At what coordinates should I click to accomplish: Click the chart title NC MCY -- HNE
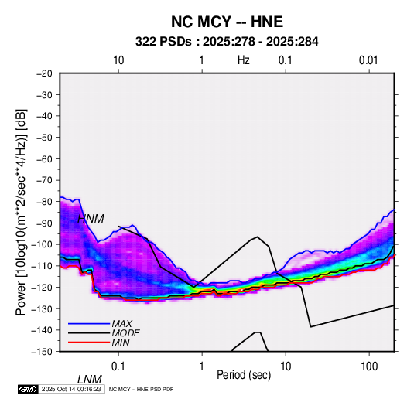tap(227, 22)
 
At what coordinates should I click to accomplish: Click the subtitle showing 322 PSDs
tap(227, 42)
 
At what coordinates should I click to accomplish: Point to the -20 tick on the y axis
tap(45, 73)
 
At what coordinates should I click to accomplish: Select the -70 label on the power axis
tap(45, 180)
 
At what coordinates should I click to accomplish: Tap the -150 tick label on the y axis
tap(42, 352)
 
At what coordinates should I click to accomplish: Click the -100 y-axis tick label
tap(42, 244)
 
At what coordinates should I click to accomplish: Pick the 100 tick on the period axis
tap(369, 366)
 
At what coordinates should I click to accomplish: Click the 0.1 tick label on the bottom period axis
tap(118, 366)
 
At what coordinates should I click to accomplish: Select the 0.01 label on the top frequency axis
tap(368, 60)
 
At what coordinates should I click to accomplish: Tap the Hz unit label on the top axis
tap(244, 60)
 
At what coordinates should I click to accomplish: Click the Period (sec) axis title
tap(244, 375)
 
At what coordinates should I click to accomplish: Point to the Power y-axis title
tap(21, 212)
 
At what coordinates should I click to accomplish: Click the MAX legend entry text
tap(121, 324)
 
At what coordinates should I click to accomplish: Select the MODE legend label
tap(125, 333)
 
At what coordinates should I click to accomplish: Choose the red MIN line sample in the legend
tap(89, 343)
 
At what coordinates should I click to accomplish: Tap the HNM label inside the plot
tap(91, 219)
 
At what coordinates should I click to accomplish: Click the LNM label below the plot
tap(90, 380)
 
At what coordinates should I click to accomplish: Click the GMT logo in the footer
tap(29, 389)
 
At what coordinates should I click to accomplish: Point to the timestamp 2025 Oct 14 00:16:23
tap(71, 389)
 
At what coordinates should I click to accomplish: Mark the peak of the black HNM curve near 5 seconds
tap(257, 237)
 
